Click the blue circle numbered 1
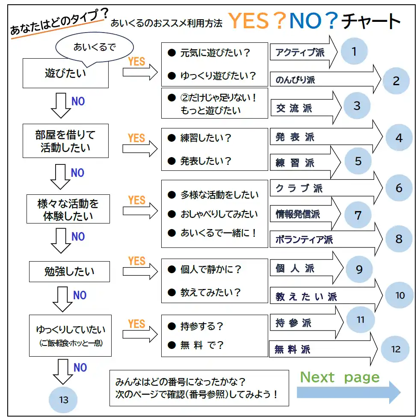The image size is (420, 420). pyautogui.click(x=354, y=51)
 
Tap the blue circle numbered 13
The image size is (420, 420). pyautogui.click(x=63, y=399)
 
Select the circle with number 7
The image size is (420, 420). pyautogui.click(x=358, y=215)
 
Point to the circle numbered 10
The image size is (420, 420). pyautogui.click(x=399, y=295)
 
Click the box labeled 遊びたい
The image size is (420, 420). pyautogui.click(x=65, y=73)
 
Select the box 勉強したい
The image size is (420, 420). pyautogui.click(x=69, y=271)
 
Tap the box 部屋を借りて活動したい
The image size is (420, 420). pyautogui.click(x=65, y=141)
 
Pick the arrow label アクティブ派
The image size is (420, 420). pyautogui.click(x=300, y=52)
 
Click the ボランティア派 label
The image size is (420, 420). pyautogui.click(x=304, y=239)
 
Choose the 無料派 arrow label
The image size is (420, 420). pyautogui.click(x=293, y=349)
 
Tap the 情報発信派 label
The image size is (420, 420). pyautogui.click(x=298, y=214)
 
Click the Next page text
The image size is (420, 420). pyautogui.click(x=340, y=377)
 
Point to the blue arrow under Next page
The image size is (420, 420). pyautogui.click(x=349, y=392)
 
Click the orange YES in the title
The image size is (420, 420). pyautogui.click(x=248, y=21)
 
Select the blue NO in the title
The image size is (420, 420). pyautogui.click(x=305, y=21)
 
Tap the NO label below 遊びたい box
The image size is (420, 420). pyautogui.click(x=78, y=101)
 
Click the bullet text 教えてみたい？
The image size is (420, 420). pyautogui.click(x=210, y=292)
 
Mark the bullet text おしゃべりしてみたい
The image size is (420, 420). pyautogui.click(x=219, y=214)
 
